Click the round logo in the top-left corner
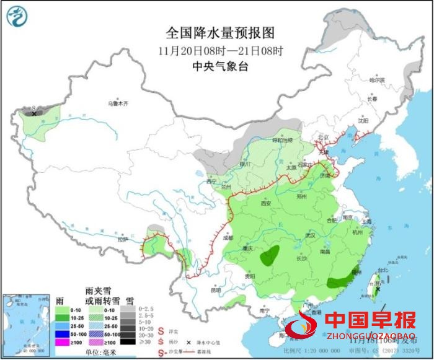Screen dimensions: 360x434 pos(20,18)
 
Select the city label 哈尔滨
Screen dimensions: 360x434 pos(376,80)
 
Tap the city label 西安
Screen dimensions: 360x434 pos(266,203)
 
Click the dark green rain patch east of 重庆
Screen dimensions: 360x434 pos(270,255)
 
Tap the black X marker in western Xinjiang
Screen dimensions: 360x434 pos(35,113)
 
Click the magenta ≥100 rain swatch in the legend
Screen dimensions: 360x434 pos(61,341)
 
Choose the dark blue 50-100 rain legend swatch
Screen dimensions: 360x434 pos(61,333)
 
